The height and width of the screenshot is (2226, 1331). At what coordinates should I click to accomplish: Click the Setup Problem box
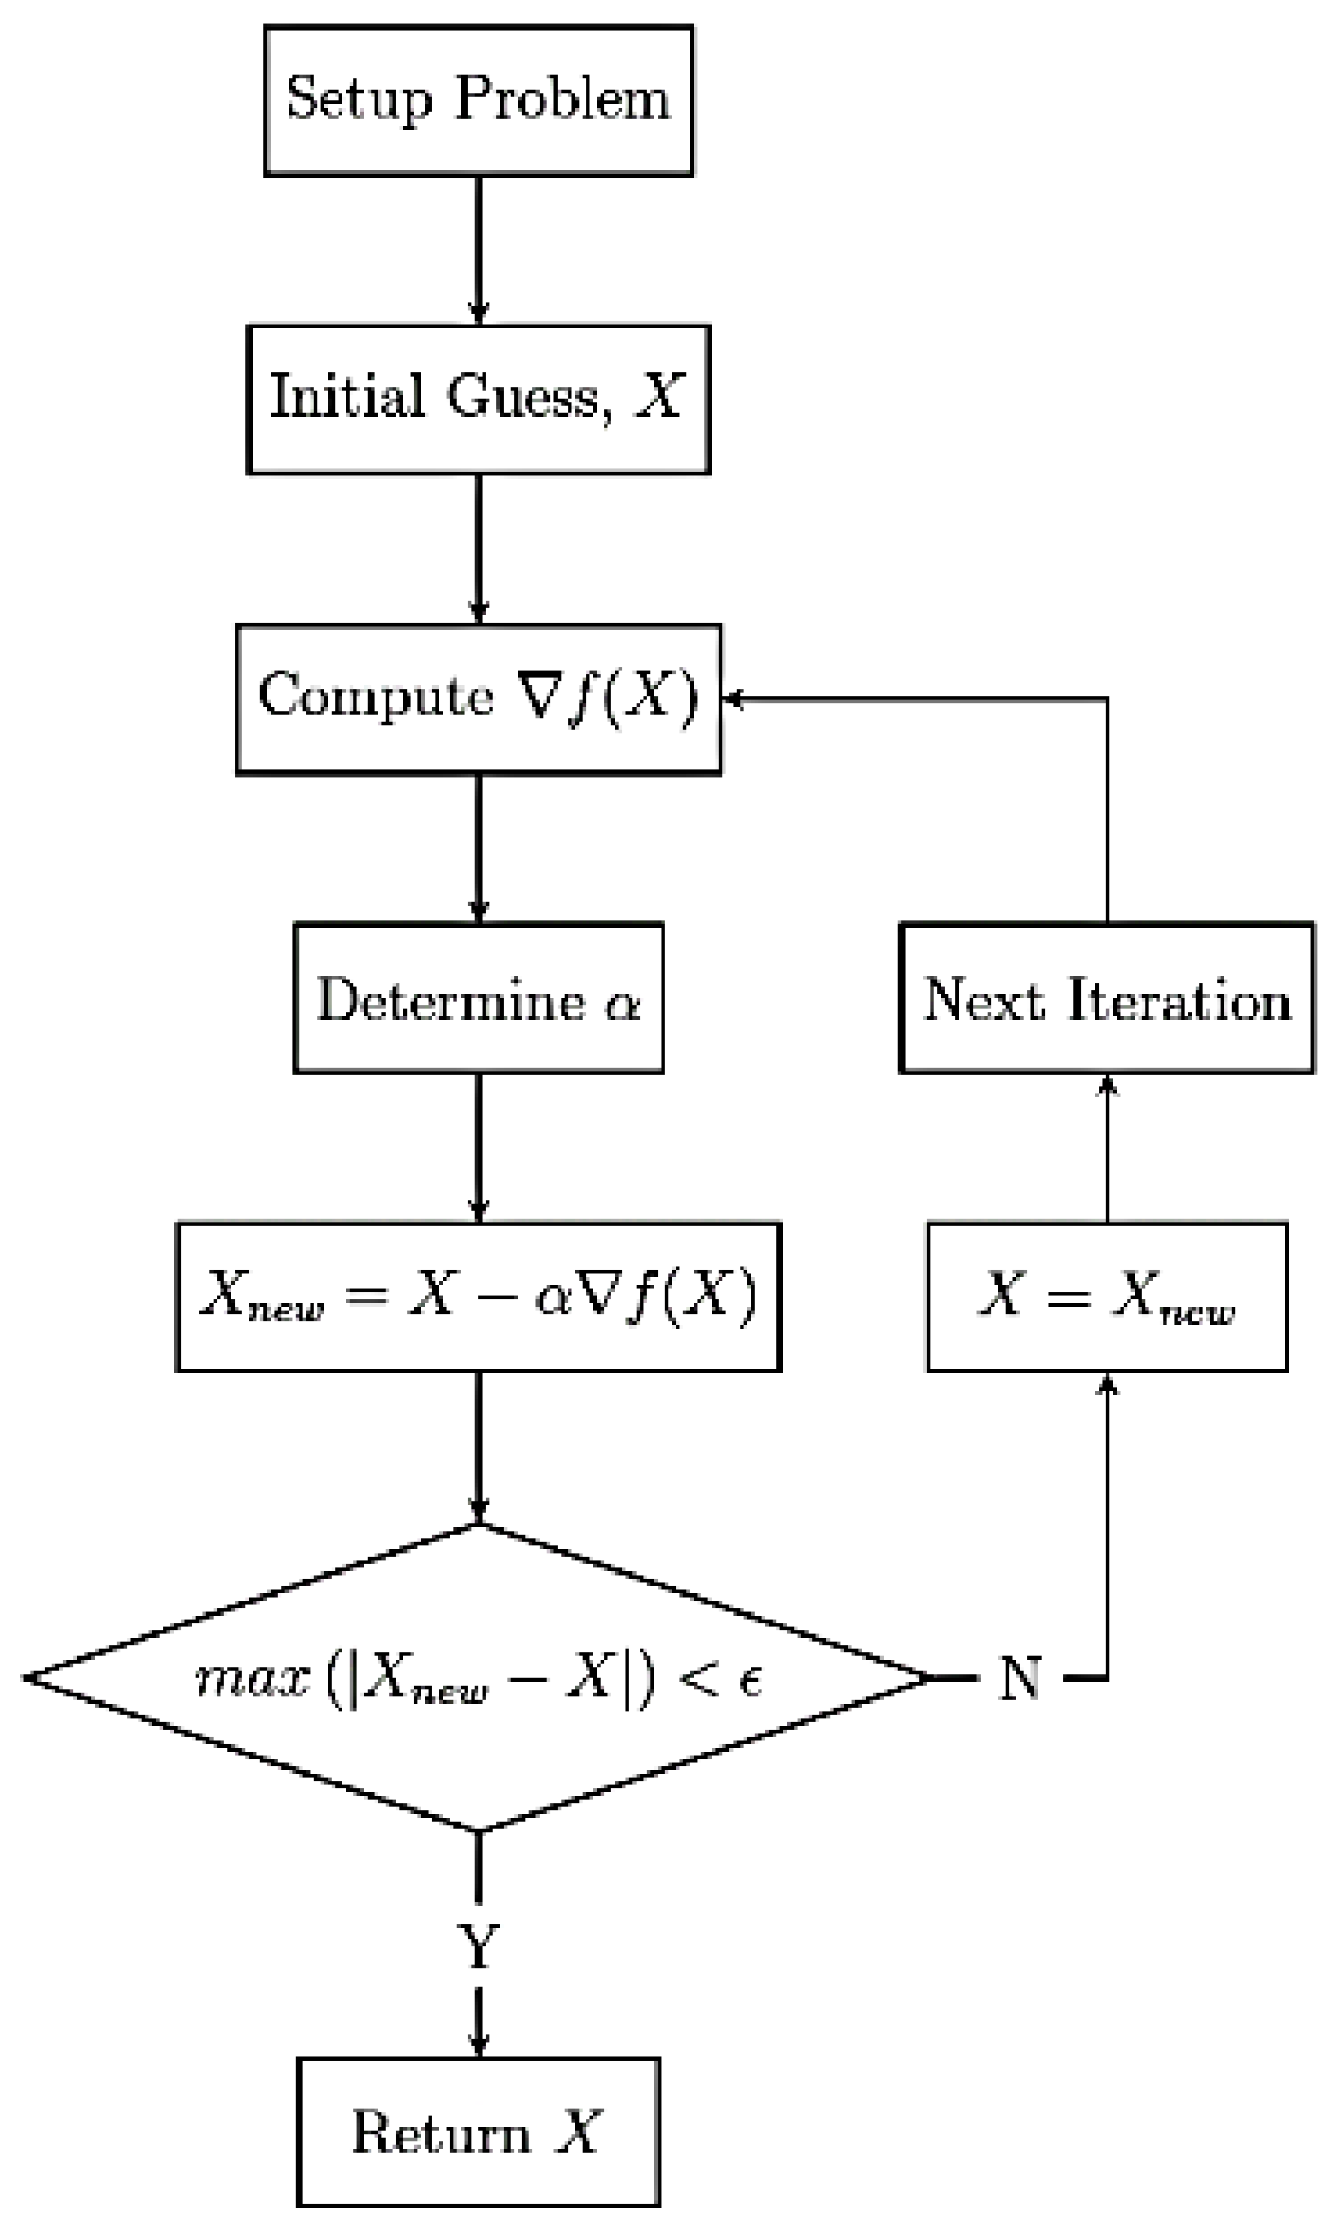point(478,99)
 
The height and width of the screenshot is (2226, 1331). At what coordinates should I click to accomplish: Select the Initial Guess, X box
point(478,399)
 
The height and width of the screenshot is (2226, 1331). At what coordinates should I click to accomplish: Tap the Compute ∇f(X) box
point(478,699)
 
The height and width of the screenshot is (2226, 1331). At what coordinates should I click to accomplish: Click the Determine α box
point(478,998)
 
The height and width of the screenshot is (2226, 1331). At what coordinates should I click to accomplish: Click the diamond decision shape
point(478,1677)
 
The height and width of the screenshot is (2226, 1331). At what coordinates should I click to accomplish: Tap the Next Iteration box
point(1107,998)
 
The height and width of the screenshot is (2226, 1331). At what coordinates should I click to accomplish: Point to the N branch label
point(1020,1678)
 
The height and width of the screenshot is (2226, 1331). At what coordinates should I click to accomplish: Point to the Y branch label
point(478,1947)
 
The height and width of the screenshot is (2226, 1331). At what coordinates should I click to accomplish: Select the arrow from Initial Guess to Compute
point(478,548)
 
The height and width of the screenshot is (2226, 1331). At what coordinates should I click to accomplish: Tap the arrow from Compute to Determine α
point(478,848)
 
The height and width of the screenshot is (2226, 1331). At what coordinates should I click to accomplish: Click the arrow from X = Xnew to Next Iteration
point(1107,1148)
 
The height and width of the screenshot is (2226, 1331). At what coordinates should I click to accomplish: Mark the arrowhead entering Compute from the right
point(733,699)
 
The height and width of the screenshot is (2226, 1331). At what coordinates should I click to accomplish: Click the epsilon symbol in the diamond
point(750,1680)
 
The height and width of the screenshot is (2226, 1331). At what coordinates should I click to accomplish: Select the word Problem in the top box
point(562,99)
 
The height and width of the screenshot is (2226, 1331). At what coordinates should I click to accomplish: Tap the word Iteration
point(1179,999)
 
